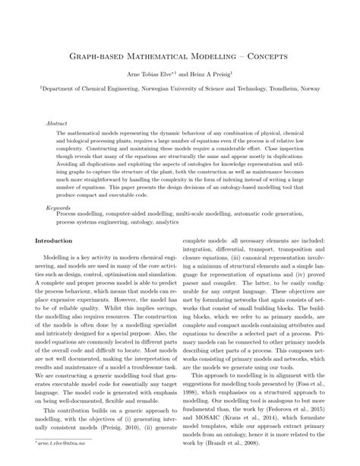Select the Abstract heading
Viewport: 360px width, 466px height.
click(57, 120)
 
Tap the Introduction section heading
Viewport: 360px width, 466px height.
click(55, 241)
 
